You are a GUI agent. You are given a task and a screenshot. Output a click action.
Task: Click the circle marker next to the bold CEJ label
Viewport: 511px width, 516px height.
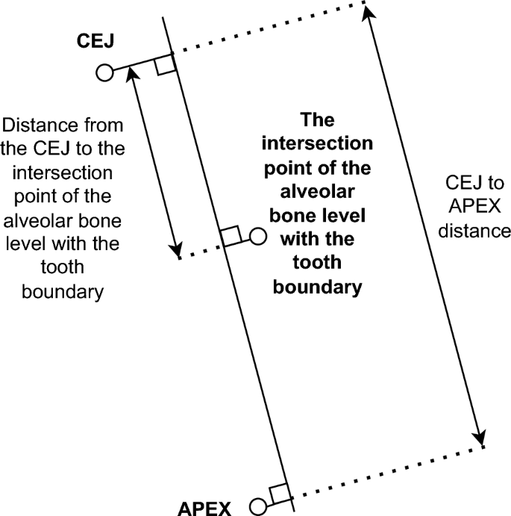[104, 72]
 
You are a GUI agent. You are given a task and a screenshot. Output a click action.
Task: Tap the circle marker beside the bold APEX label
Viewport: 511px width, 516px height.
[258, 507]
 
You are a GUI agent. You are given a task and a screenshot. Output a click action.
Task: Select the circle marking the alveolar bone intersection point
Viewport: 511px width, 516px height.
[257, 237]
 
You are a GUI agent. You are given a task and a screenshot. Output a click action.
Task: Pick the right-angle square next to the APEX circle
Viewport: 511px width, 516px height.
[279, 493]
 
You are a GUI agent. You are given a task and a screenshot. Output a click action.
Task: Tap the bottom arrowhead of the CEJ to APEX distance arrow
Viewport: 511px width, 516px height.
[482, 438]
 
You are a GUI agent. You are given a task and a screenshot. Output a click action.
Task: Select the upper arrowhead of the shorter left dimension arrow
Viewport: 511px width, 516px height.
[131, 72]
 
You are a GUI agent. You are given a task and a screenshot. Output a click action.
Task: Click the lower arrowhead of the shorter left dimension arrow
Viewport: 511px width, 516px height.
[176, 250]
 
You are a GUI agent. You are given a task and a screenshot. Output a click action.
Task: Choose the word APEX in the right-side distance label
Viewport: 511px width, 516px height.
[474, 206]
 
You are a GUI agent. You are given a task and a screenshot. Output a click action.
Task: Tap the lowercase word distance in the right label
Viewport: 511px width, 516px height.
[474, 231]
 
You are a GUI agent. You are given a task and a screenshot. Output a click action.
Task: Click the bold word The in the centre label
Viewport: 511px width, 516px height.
[318, 119]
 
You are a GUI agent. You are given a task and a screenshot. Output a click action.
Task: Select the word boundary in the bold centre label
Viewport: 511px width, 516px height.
[318, 287]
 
